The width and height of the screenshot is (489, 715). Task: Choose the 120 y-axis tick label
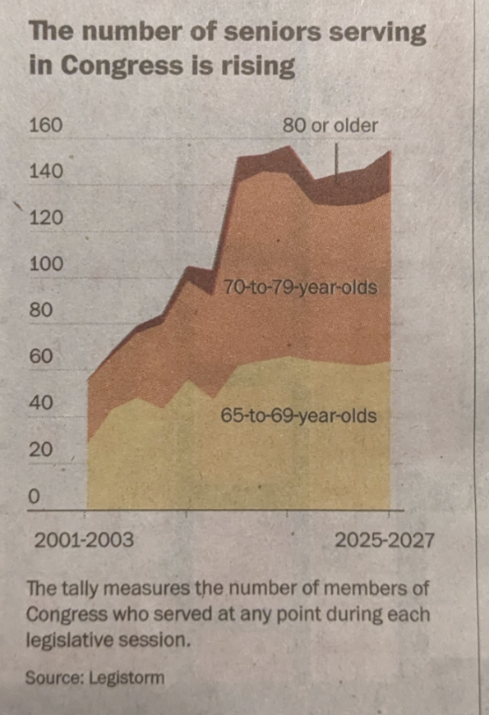pos(45,218)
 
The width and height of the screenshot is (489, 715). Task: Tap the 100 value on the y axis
pos(45,264)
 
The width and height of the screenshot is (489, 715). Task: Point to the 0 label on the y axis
pos(34,497)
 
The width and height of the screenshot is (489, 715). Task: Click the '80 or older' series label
pos(330,126)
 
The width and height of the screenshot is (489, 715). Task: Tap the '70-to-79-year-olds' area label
pos(300,288)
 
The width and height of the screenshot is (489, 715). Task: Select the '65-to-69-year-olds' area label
pos(299,416)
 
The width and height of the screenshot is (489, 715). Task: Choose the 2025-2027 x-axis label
pos(385,541)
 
